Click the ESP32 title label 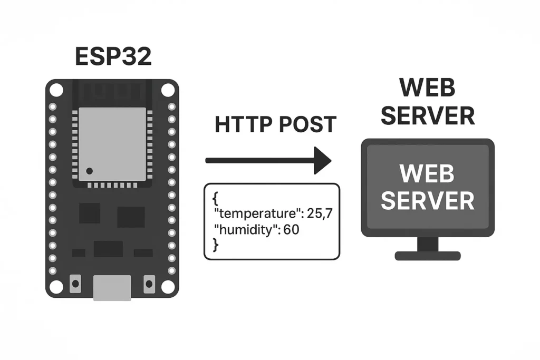pyautogui.click(x=113, y=57)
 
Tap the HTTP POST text pyautogui.click(x=275, y=124)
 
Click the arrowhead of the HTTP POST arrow pyautogui.click(x=322, y=160)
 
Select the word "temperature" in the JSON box pyautogui.click(x=248, y=213)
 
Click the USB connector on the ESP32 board pyautogui.click(x=112, y=288)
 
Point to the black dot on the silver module pyautogui.click(x=90, y=171)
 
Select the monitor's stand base pyautogui.click(x=428, y=256)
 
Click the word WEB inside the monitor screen pyautogui.click(x=428, y=174)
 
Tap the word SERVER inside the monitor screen pyautogui.click(x=428, y=201)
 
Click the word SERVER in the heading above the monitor pyautogui.click(x=428, y=115)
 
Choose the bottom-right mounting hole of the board pyautogui.click(x=168, y=287)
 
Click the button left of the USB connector pyautogui.click(x=75, y=284)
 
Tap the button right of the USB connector pyautogui.click(x=149, y=284)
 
